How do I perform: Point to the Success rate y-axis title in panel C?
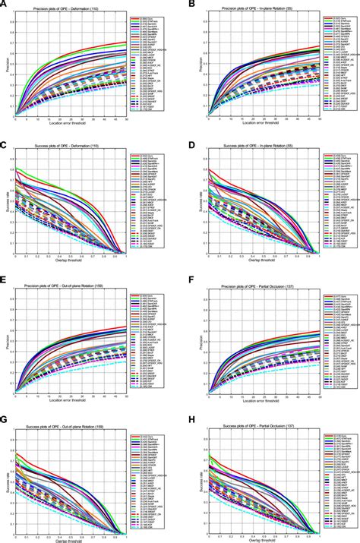point(7,203)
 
